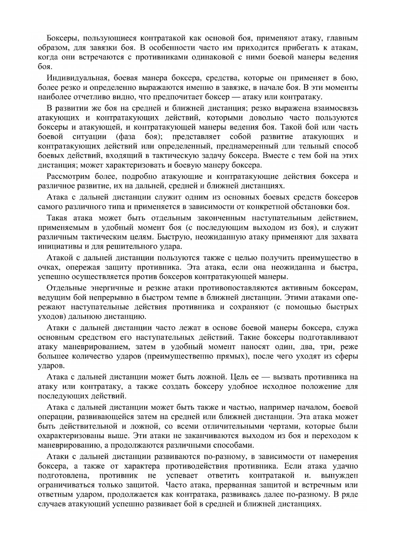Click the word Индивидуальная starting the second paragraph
(73, 78)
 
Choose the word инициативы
(56, 247)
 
